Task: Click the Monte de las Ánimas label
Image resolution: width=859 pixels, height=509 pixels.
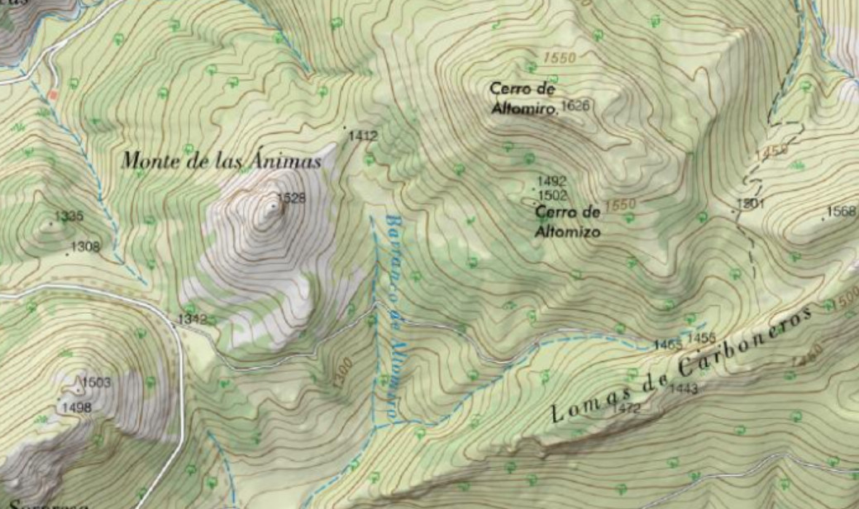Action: (x=221, y=161)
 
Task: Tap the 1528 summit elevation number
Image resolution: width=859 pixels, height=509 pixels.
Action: (x=290, y=197)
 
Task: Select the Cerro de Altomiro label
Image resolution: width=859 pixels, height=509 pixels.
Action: (x=522, y=98)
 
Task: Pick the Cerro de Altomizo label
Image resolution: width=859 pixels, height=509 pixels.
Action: (x=567, y=221)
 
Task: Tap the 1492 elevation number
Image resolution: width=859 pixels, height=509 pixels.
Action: (x=551, y=181)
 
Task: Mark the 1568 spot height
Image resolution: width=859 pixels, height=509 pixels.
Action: (x=842, y=212)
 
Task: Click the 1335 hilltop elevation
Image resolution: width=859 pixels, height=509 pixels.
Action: (x=69, y=216)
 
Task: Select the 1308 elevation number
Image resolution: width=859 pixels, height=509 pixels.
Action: (x=85, y=246)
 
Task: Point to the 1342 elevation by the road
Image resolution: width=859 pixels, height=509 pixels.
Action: (x=192, y=319)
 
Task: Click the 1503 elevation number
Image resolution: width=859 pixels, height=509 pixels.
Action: (x=96, y=383)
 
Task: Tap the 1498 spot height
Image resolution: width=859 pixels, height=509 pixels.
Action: (x=78, y=407)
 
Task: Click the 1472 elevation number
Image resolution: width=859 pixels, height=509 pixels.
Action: (x=628, y=408)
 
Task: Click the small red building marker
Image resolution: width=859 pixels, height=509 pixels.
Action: (x=53, y=95)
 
